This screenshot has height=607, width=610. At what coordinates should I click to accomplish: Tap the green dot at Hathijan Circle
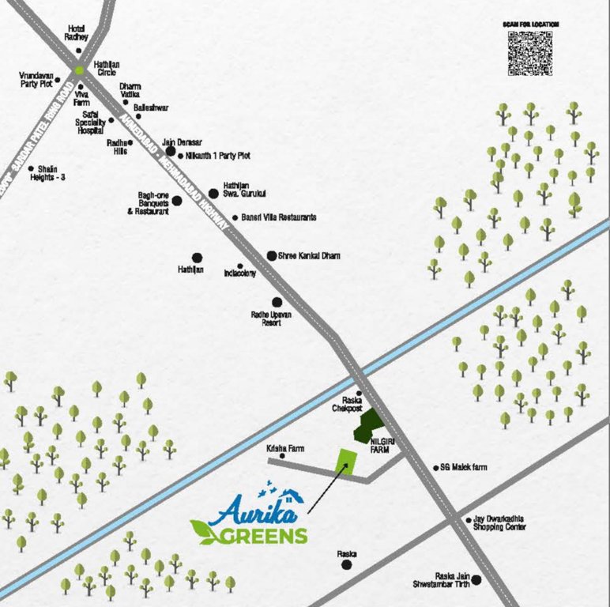click(80, 70)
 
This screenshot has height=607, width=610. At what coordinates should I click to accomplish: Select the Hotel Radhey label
click(77, 33)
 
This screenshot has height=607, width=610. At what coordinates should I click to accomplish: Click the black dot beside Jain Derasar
click(170, 150)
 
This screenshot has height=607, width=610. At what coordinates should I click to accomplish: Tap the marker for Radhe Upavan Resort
click(277, 302)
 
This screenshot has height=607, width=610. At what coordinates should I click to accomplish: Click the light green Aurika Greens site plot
click(345, 462)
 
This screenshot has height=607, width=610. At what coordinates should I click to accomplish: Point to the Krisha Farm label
click(285, 448)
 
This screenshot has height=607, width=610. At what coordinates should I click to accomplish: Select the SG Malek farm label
click(464, 468)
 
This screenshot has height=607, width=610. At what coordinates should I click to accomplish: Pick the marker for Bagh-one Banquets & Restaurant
click(177, 201)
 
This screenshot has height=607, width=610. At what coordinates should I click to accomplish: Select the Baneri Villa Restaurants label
click(279, 217)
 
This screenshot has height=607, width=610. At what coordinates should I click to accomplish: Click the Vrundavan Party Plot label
click(36, 79)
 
